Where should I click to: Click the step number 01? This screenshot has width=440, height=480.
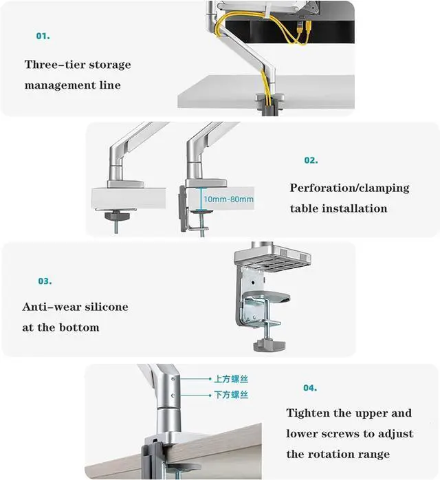[x=43, y=36]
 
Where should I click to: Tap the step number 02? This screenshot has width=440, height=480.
[x=311, y=160]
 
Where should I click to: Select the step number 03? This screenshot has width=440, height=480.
[x=45, y=281]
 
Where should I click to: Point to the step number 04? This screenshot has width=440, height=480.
[x=310, y=388]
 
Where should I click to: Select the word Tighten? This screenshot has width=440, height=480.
[x=311, y=413]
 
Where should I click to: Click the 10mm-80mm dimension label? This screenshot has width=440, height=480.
[x=228, y=199]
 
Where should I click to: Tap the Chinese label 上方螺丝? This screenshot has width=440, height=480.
[x=230, y=378]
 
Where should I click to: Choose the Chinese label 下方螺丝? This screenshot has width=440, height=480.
[x=230, y=395]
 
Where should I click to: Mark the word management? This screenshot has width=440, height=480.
[x=60, y=86]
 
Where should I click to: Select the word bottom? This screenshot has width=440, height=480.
[x=80, y=327]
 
